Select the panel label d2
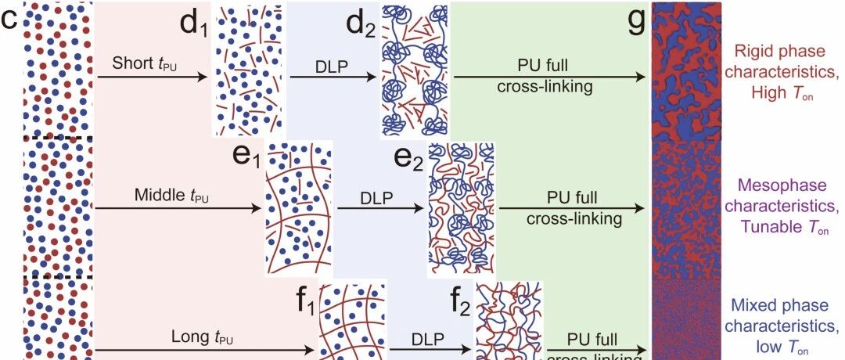pyautogui.click(x=362, y=22)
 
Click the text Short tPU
pyautogui.click(x=145, y=63)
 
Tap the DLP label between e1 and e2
pyautogui.click(x=377, y=196)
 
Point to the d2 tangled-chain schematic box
pyautogui.click(x=415, y=70)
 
